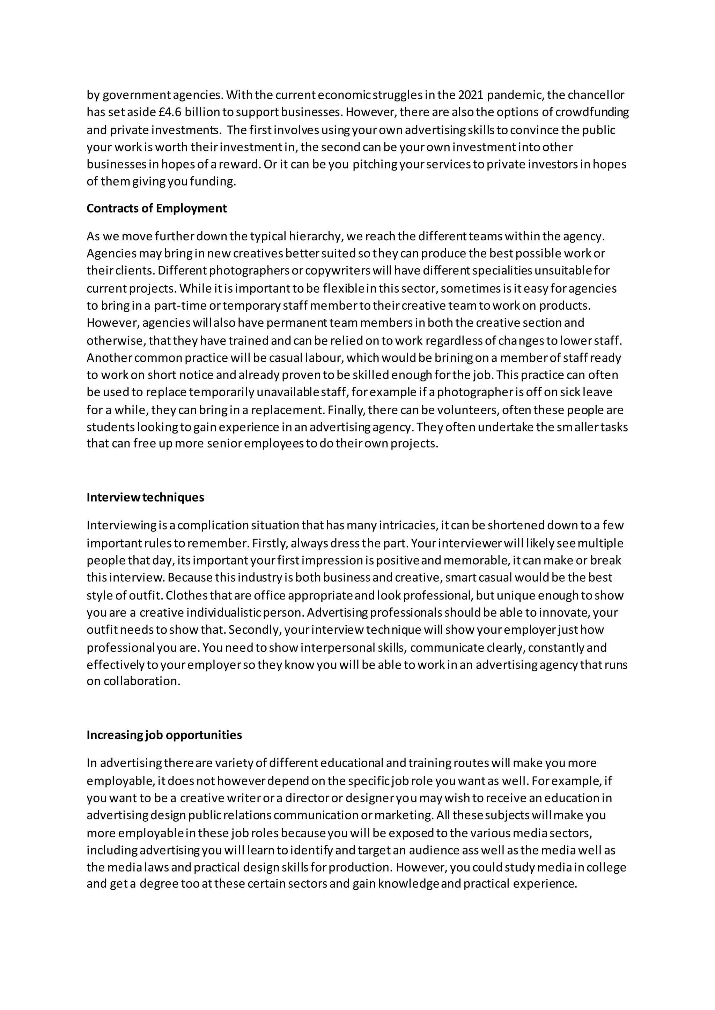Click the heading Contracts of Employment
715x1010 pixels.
156,209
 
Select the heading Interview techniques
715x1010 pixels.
145,498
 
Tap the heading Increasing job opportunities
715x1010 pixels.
164,735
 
